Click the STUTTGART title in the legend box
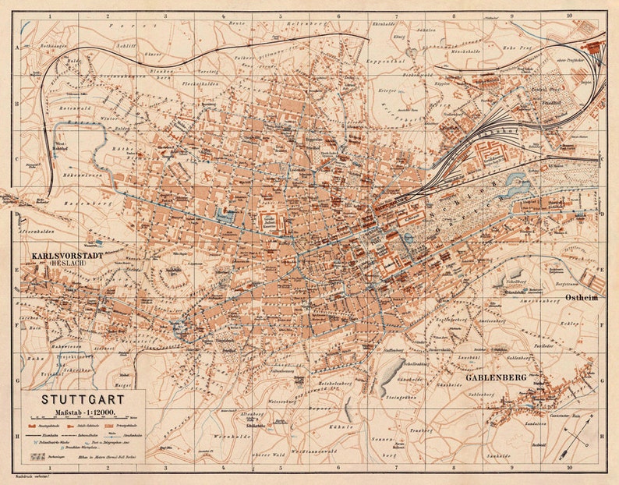pyautogui.click(x=74, y=400)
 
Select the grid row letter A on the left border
pyautogui.click(x=16, y=48)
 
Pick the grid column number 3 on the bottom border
pyautogui.click(x=164, y=469)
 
